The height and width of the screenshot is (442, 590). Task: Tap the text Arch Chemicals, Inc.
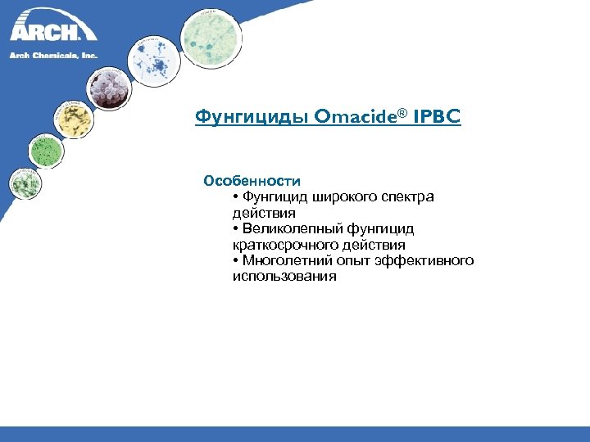pos(53,55)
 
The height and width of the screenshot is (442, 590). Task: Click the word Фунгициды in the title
pos(239,118)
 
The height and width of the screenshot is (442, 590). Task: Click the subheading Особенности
pos(252,180)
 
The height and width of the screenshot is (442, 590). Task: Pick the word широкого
pos(340,196)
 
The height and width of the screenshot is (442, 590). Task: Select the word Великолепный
pos(288,228)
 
